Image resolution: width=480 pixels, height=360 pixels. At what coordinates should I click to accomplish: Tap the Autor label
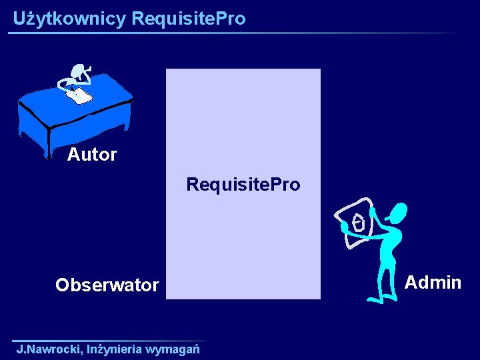coord(92,155)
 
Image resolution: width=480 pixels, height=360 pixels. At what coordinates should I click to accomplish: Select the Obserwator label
coord(107,285)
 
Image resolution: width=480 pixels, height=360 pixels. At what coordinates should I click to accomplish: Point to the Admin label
coord(433,283)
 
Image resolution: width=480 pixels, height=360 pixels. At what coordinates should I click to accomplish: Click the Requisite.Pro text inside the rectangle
coord(243,184)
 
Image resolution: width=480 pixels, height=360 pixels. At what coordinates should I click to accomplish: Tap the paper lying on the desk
coord(79,96)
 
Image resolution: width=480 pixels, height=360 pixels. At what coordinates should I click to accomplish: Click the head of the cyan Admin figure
coord(398,213)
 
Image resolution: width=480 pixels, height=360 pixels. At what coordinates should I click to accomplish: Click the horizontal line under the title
coord(233,33)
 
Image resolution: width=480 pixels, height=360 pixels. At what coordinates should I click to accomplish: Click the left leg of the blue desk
coord(47,143)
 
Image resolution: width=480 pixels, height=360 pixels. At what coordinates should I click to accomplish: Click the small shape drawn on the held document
coord(359,222)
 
